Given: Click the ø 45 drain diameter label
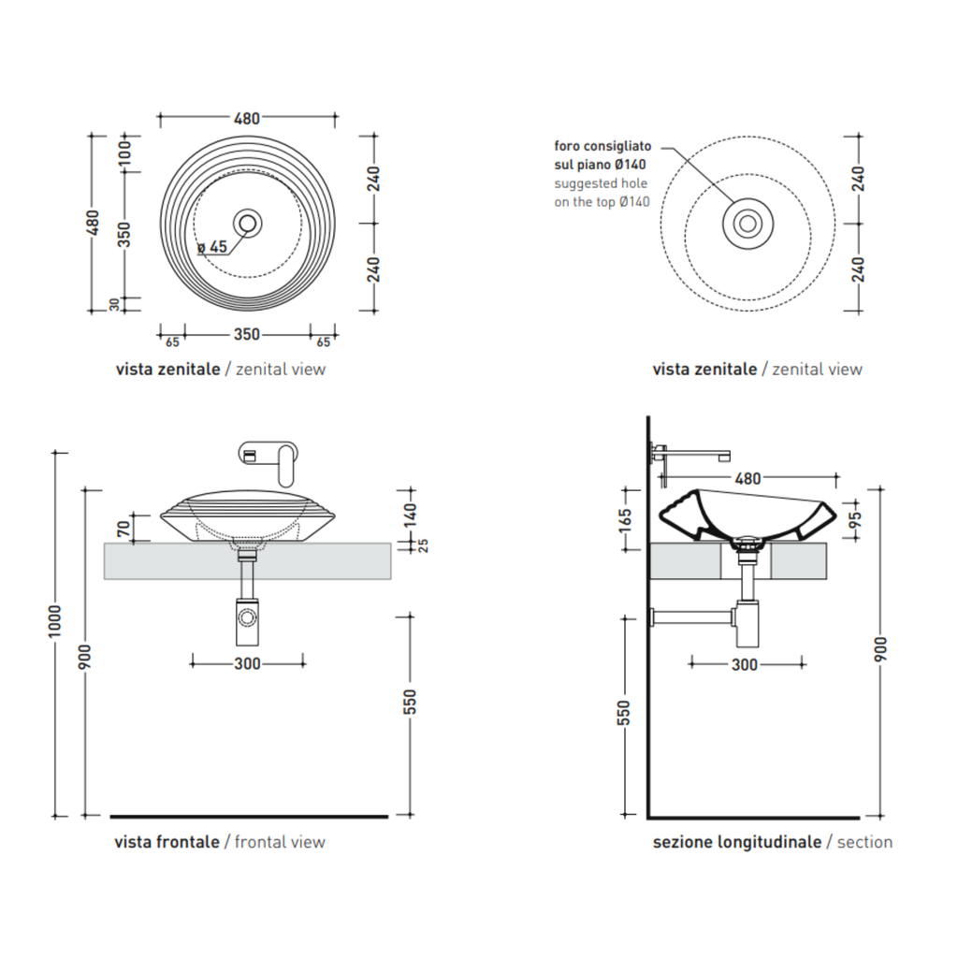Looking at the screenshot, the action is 212,247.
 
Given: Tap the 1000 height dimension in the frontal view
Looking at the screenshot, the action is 55,621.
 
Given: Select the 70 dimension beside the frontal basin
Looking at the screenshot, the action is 124,529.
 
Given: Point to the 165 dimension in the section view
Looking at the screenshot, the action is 624,520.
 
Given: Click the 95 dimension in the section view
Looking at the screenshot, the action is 855,520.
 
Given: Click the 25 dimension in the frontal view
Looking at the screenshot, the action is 423,545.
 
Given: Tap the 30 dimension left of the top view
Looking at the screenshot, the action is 115,304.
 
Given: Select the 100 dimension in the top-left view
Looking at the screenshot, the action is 124,152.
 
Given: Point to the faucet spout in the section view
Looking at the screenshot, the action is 696,455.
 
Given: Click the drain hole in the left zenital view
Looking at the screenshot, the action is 247,223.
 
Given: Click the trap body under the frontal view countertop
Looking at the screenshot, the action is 247,621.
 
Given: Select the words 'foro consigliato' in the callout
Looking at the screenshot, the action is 602,146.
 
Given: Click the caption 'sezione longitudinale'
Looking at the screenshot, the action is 737,842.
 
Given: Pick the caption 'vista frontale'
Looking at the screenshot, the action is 167,842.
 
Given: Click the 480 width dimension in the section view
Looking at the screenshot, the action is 748,478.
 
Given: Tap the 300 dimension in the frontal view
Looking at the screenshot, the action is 247,663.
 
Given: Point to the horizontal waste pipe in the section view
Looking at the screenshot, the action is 693,617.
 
